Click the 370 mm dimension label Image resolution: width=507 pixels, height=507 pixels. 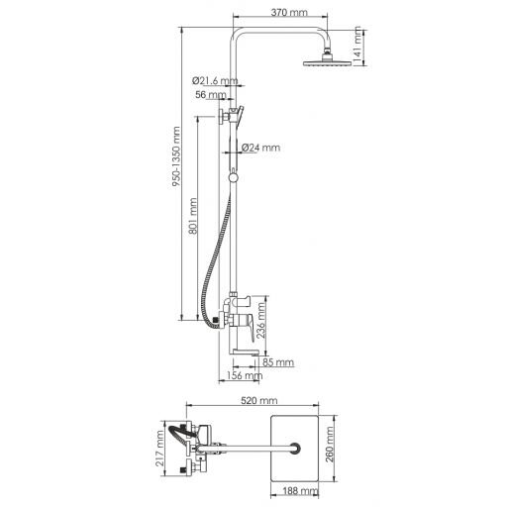coord(289,13)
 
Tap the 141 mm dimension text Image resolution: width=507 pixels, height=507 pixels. coord(357,46)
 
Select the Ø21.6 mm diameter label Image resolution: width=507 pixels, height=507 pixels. coord(215,80)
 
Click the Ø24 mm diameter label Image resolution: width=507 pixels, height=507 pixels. coord(260,148)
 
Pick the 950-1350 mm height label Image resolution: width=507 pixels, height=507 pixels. coord(176,156)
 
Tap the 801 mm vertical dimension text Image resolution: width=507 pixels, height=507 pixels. coord(193,216)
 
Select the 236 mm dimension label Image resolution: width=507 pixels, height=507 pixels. coord(260,320)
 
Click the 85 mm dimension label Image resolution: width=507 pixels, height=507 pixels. coord(278,362)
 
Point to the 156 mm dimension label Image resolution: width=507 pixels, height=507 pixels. coord(245,375)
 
